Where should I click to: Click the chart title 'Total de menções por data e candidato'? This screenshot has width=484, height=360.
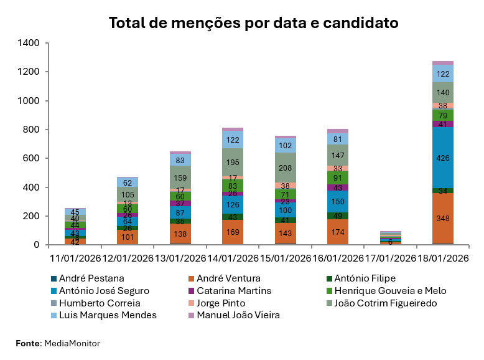click(x=253, y=23)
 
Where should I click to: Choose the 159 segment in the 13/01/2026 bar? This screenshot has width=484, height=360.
click(x=181, y=177)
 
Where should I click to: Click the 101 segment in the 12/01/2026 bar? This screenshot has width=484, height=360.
click(x=128, y=237)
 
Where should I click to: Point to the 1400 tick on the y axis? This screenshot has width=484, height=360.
click(x=29, y=43)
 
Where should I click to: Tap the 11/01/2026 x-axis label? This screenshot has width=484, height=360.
click(x=75, y=258)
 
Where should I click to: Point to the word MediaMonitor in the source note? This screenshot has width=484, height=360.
click(x=72, y=343)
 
